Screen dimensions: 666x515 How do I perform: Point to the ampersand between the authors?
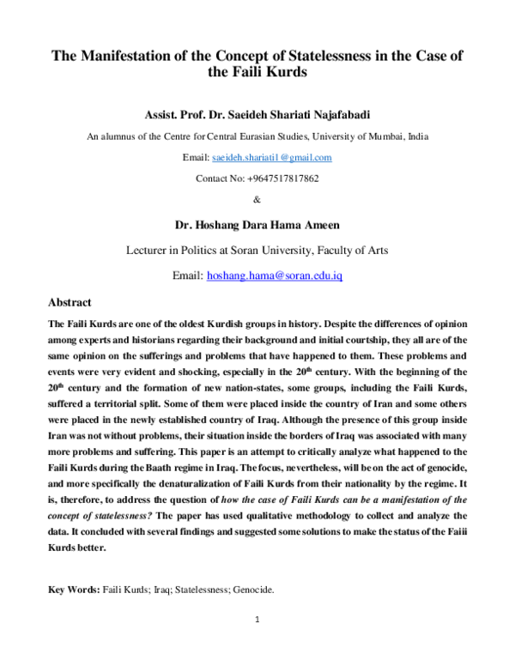click(x=257, y=199)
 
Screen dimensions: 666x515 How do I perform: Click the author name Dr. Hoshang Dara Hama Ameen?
click(x=257, y=226)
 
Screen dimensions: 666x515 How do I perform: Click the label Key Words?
click(x=73, y=591)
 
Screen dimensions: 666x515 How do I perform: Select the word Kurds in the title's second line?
click(x=283, y=74)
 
